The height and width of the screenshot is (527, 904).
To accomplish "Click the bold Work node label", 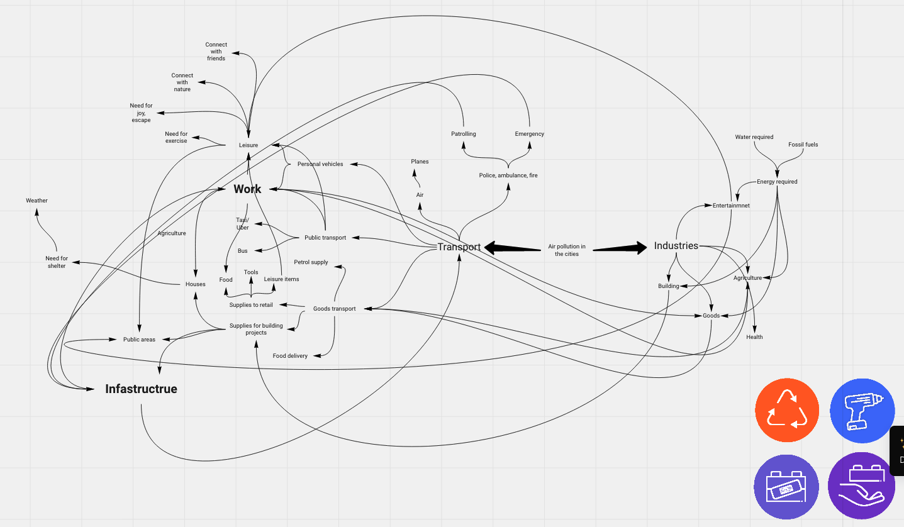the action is (247, 189).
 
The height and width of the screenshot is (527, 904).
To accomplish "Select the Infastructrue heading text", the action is (142, 389).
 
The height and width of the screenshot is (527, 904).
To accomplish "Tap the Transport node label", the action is (459, 247).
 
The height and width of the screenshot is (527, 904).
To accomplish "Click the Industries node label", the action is (676, 245).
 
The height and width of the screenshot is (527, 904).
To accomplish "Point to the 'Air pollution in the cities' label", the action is (567, 250).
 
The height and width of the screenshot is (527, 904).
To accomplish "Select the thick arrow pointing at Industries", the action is (620, 248).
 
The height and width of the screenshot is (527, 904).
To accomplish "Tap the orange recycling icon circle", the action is (787, 410).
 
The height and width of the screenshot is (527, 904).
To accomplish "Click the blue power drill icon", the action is (862, 411).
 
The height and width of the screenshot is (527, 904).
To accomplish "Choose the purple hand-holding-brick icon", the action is (861, 486).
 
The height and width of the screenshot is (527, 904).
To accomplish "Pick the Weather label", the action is (36, 201).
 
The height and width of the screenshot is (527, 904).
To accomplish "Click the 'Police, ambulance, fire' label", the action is (508, 175).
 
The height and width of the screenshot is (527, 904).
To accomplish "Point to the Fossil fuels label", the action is (803, 145).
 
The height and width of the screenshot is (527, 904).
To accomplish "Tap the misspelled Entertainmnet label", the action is (731, 206).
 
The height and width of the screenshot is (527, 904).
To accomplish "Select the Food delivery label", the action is (290, 355).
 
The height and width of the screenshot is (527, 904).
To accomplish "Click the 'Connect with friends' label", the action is (216, 51).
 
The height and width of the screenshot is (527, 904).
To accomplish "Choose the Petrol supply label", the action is (311, 262).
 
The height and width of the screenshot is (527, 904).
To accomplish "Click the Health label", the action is (754, 337).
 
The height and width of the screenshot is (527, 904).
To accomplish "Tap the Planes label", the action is (420, 162).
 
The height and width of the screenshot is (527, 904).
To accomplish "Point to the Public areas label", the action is (139, 340).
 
